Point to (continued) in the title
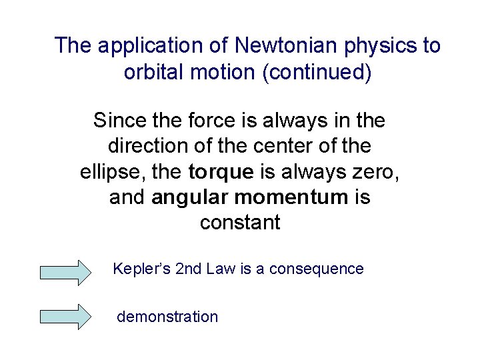pyautogui.click(x=317, y=72)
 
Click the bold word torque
pyautogui.click(x=221, y=171)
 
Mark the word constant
pyautogui.click(x=240, y=223)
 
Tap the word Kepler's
pyautogui.click(x=141, y=269)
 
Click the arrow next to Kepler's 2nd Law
pyautogui.click(x=65, y=273)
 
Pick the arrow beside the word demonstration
pyautogui.click(x=65, y=317)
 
